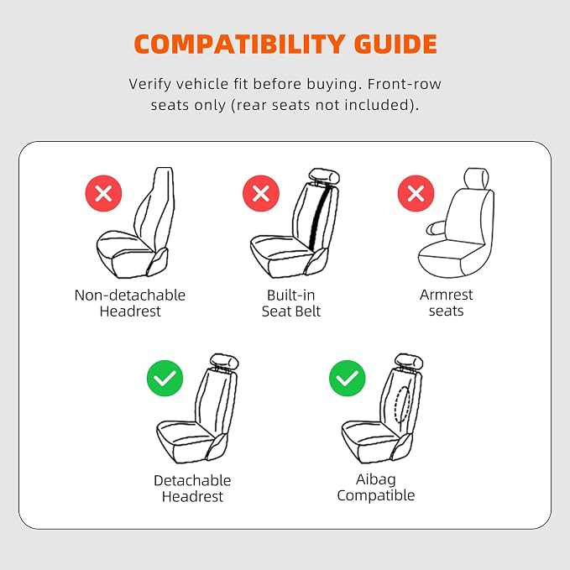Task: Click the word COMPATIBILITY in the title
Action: click(239, 44)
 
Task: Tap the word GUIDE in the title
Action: click(395, 44)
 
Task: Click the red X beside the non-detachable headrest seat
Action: click(103, 193)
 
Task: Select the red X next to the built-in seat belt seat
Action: click(261, 193)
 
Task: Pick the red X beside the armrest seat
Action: click(416, 193)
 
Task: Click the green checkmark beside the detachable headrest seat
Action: click(165, 378)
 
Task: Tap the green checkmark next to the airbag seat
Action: click(348, 378)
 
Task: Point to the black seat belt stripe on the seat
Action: click(317, 218)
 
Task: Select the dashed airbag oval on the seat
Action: click(403, 404)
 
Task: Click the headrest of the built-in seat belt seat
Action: click(325, 176)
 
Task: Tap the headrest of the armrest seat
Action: click(477, 178)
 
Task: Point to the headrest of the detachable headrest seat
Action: click(225, 361)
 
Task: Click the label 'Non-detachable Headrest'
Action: click(130, 303)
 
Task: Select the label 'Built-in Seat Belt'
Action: click(291, 303)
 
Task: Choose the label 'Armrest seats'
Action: click(447, 303)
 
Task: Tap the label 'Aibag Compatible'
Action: click(376, 488)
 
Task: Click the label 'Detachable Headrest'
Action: click(192, 489)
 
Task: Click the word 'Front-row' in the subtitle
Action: click(405, 84)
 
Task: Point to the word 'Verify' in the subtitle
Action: click(149, 84)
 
